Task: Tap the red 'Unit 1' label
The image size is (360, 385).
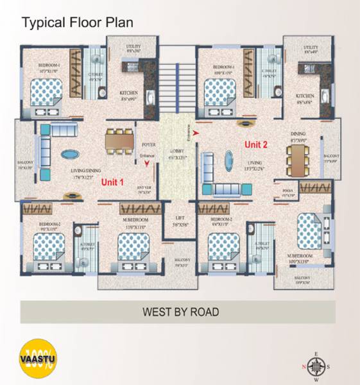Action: tap(113, 182)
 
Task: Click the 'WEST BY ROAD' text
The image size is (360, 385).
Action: tap(180, 312)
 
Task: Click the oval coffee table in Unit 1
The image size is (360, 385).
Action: tap(71, 155)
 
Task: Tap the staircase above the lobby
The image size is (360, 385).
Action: tap(176, 78)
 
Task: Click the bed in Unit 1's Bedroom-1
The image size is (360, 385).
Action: tap(46, 94)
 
